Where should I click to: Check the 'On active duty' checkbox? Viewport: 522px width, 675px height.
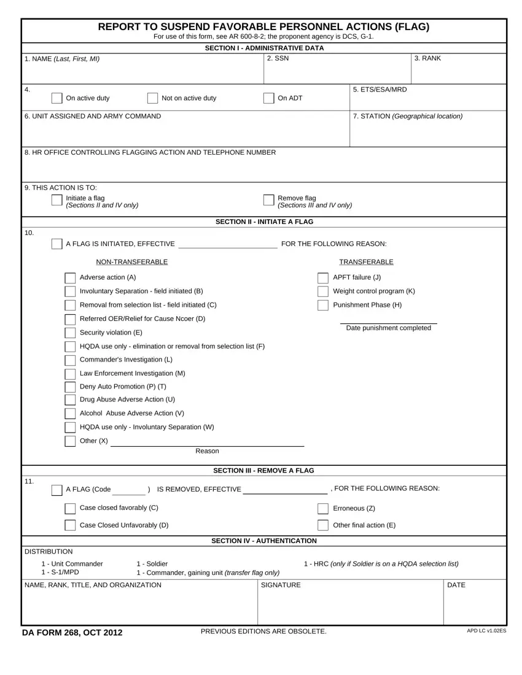56,98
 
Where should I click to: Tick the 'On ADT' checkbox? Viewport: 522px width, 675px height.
268,98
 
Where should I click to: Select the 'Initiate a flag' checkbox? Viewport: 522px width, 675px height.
56,200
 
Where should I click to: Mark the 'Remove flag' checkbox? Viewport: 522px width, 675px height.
268,200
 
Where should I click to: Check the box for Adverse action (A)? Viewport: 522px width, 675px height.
70,278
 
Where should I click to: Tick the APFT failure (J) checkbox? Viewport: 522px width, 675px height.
323,278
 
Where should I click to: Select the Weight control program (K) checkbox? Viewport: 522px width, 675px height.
323,291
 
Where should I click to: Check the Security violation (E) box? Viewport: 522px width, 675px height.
70,333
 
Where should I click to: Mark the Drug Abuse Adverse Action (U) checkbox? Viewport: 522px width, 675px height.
70,400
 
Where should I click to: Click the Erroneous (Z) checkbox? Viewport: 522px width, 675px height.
323,509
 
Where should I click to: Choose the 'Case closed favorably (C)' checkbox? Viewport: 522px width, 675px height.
70,509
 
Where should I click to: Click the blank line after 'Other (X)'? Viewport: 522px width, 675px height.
207,442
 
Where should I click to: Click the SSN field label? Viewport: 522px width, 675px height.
278,59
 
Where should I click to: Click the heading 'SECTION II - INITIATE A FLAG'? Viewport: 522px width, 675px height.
265,222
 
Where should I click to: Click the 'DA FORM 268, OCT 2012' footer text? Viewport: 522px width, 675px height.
72,633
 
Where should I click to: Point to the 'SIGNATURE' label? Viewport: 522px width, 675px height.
281,585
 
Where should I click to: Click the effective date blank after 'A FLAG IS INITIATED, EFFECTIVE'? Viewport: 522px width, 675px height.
227,245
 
